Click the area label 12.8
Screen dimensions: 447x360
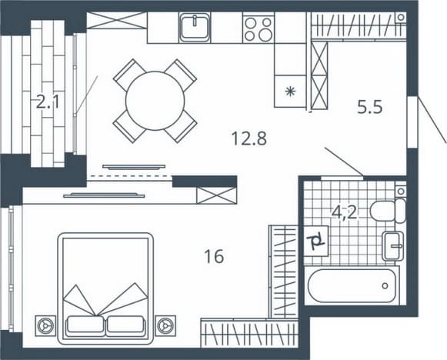[x=249, y=138]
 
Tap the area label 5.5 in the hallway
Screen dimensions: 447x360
[x=369, y=108]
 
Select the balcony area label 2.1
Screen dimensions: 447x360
[x=48, y=102]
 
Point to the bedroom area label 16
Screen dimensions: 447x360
[x=214, y=256]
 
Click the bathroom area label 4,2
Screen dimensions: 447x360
[x=345, y=212]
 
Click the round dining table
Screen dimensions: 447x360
[x=155, y=101]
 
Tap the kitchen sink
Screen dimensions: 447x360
[x=195, y=27]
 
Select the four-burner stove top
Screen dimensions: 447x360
[x=259, y=28]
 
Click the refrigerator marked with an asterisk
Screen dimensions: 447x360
[x=290, y=92]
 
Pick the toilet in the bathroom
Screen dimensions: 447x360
[x=388, y=212]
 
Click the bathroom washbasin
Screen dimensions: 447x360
[x=393, y=246]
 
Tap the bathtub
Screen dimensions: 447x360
[x=352, y=285]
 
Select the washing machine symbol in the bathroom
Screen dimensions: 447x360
[x=315, y=241]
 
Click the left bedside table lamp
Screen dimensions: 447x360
[x=45, y=326]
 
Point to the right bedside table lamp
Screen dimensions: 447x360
[x=165, y=325]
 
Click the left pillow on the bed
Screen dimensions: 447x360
[x=85, y=325]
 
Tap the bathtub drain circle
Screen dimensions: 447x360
[x=385, y=285]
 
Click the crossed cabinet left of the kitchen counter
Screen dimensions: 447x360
[x=117, y=21]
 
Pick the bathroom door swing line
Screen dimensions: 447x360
[x=344, y=162]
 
